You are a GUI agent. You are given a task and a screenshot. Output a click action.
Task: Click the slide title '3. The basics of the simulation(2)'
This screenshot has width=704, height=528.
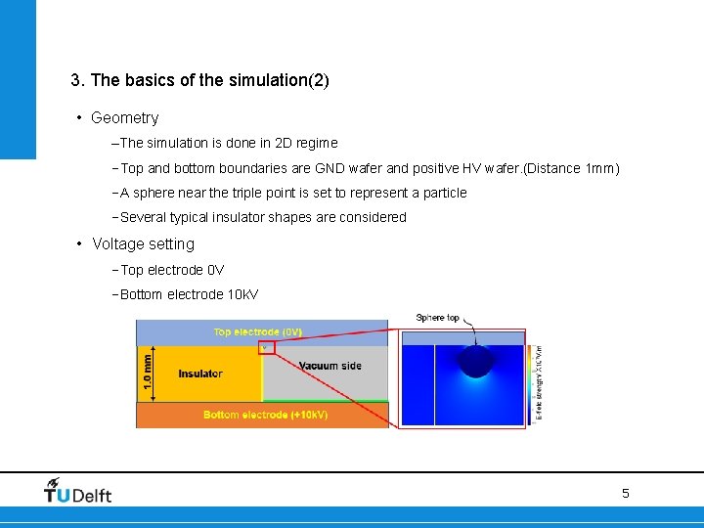[199, 80]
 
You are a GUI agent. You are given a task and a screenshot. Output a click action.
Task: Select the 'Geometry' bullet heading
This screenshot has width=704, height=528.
[124, 118]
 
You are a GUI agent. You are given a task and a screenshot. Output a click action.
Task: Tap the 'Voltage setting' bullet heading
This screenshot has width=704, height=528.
[143, 244]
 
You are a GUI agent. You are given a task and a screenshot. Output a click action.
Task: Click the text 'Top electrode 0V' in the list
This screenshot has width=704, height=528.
[172, 270]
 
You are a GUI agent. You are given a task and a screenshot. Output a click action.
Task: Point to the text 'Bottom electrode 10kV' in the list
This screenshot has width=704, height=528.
[189, 294]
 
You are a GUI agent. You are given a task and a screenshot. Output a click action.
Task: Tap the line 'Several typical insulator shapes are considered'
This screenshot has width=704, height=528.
[262, 217]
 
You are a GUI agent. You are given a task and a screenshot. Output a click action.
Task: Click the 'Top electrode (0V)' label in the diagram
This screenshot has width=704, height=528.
[258, 332]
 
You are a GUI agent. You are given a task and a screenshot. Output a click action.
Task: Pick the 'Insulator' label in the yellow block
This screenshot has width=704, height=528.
[200, 374]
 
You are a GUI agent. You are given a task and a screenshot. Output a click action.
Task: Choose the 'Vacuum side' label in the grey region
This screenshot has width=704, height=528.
[330, 366]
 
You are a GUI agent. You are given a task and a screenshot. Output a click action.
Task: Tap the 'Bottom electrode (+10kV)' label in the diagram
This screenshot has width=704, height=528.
[265, 416]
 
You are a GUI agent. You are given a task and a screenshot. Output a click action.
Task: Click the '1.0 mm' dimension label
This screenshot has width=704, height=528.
[147, 373]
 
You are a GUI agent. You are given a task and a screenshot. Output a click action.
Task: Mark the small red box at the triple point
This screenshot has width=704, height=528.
[266, 347]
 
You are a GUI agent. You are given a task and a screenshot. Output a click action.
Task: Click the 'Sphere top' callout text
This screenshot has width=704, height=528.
[437, 318]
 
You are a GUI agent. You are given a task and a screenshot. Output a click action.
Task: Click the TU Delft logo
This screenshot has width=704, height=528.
[77, 491]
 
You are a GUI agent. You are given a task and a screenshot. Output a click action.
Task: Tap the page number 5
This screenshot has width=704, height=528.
[626, 494]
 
